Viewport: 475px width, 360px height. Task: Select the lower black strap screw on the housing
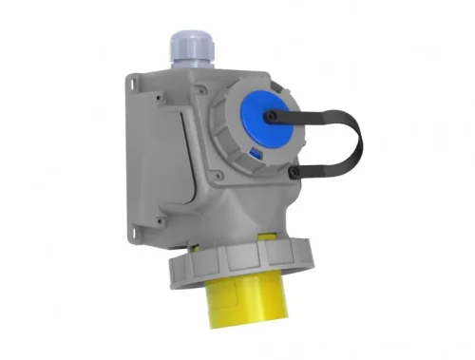coord(295,171)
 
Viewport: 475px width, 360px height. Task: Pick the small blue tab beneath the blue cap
coord(255,152)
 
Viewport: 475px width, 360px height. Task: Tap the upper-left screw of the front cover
coord(201,93)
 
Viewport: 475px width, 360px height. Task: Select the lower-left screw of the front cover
coord(215,175)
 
